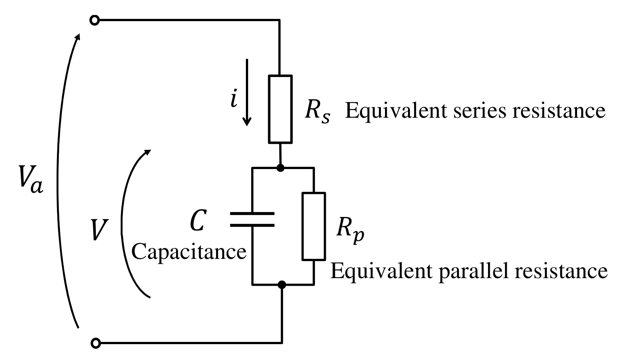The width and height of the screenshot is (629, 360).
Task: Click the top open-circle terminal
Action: (x=95, y=20)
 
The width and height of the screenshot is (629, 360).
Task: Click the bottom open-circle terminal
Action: (x=96, y=343)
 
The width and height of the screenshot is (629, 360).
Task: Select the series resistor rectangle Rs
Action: (x=280, y=109)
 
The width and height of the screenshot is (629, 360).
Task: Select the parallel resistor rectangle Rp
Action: (x=314, y=226)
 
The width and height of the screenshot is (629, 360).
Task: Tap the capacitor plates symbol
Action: (x=252, y=220)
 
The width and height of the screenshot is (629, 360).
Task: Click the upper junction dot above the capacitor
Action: (x=280, y=168)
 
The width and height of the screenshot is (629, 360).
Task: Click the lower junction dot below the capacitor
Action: (x=281, y=285)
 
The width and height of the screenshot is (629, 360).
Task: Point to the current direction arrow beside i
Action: (x=247, y=92)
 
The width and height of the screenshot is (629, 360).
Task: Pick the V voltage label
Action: (x=98, y=230)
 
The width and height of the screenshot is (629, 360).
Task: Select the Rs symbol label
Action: (x=317, y=112)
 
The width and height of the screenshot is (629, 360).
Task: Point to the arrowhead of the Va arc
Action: (x=78, y=36)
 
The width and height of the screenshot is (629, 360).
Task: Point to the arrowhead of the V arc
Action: (x=147, y=152)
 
